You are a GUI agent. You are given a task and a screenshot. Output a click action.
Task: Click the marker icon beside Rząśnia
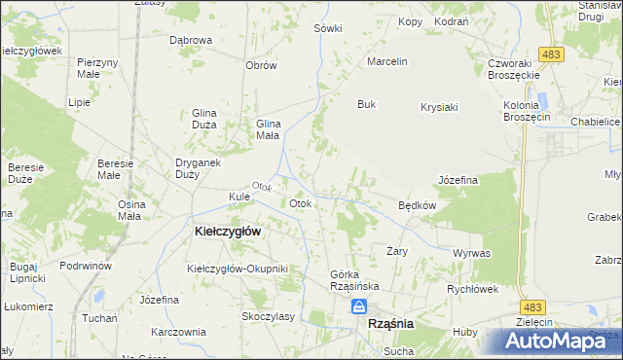[359, 307]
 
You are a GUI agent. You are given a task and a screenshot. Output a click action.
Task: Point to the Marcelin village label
[385, 61]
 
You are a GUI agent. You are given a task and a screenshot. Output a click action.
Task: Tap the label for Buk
[366, 104]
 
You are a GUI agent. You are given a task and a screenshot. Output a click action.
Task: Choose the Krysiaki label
[439, 107]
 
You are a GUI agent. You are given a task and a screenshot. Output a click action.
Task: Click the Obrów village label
[262, 66]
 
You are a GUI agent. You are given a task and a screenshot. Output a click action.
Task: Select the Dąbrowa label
[191, 41]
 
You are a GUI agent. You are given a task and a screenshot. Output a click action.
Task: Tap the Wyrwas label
[471, 253]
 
